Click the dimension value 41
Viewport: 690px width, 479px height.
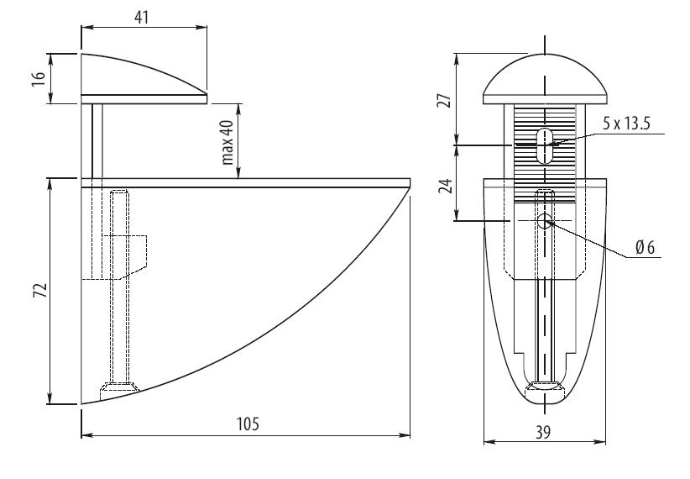(x=141, y=18)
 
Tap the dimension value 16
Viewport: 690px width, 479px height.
(x=39, y=78)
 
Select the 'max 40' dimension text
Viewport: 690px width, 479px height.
(x=227, y=141)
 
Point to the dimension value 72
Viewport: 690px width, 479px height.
(x=39, y=291)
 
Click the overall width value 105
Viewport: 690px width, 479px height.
(x=248, y=424)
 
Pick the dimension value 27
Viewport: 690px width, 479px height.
(x=446, y=101)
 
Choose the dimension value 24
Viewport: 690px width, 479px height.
(x=446, y=186)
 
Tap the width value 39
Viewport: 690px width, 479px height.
(x=543, y=433)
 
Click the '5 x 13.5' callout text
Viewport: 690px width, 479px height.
(x=625, y=124)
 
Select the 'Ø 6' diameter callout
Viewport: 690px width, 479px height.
(x=645, y=248)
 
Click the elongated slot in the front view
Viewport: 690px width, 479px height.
(x=546, y=146)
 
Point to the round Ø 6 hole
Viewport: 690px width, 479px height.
(x=545, y=221)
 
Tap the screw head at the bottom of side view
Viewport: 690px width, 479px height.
(x=120, y=388)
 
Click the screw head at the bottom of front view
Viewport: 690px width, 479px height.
(x=545, y=386)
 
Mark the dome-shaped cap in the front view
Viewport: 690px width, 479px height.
(x=545, y=79)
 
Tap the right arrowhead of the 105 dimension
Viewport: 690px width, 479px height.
(x=405, y=435)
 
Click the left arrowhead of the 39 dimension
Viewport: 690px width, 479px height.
(x=489, y=441)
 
